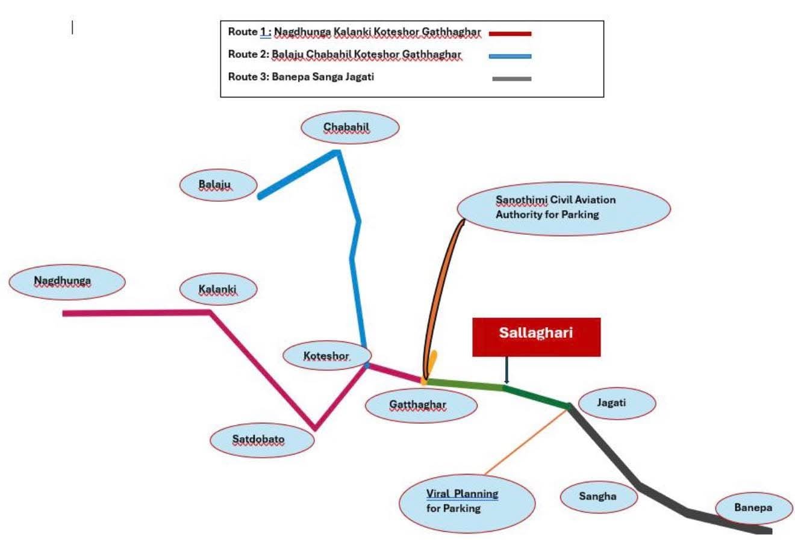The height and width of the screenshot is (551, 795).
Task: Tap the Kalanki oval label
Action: point(218,290)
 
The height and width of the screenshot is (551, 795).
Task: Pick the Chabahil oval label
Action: point(350,128)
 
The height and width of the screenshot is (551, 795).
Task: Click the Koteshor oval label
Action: point(327,356)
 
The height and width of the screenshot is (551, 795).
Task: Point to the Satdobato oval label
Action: point(262,440)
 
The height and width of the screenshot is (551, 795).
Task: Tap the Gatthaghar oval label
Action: point(420,405)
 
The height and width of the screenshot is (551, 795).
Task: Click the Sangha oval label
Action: point(598,497)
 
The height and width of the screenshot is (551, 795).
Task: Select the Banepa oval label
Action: point(753,508)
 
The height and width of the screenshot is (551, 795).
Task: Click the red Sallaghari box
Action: point(536,337)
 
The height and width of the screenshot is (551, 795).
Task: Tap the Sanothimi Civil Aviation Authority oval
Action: point(563,208)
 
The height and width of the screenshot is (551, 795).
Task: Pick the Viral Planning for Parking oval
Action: point(467,502)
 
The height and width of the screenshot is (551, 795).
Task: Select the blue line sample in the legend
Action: point(510,56)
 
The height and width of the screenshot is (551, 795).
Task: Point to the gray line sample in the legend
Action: point(511,78)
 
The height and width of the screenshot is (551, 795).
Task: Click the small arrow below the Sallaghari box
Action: point(507,370)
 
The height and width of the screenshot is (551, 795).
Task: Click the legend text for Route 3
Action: point(301,77)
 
